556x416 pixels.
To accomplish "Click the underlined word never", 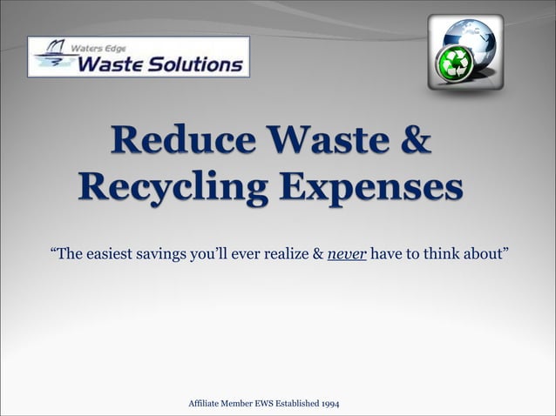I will tap(347, 254).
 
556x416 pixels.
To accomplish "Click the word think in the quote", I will tap(431, 254).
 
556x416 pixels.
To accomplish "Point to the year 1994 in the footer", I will tap(330, 403).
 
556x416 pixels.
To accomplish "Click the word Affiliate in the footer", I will tap(203, 403).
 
